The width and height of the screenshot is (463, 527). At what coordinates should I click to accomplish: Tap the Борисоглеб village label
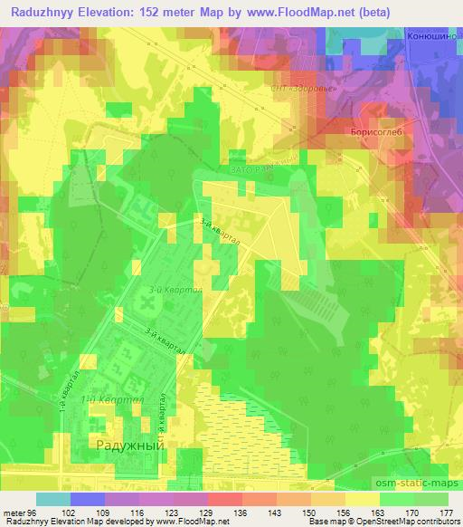(369, 131)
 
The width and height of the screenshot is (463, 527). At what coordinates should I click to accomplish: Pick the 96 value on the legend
(34, 513)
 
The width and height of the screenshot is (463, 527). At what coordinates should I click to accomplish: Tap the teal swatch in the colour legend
(52, 499)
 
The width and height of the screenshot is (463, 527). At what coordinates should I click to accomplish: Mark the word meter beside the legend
(14, 513)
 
